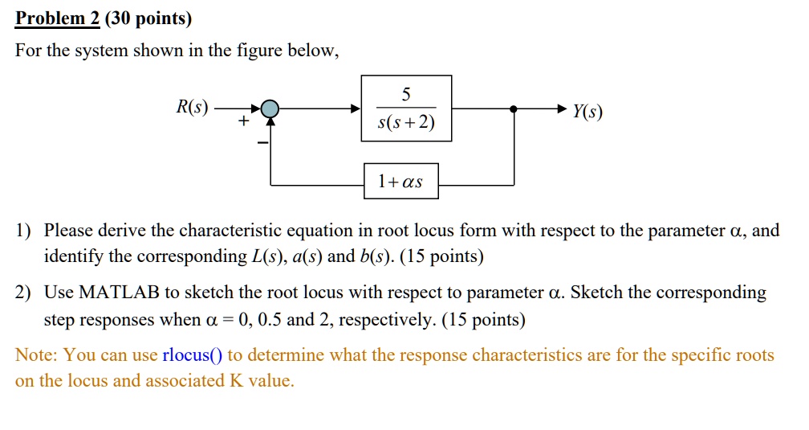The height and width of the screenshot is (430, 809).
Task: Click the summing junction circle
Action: tap(271, 109)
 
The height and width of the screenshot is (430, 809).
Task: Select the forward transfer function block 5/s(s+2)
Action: tap(406, 109)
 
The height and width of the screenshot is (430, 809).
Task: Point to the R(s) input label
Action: tap(192, 107)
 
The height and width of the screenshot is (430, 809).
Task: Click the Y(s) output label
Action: tap(587, 111)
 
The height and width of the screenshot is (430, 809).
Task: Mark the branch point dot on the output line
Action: tap(514, 109)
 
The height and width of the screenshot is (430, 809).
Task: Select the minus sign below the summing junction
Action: tap(261, 142)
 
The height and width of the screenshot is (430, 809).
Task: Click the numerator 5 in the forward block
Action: tap(406, 94)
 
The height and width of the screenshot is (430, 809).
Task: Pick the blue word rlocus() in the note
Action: tap(193, 354)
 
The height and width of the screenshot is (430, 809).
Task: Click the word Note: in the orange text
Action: tap(36, 354)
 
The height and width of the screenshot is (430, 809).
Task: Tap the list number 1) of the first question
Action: tap(23, 231)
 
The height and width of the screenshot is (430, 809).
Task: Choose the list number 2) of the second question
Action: tap(23, 292)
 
